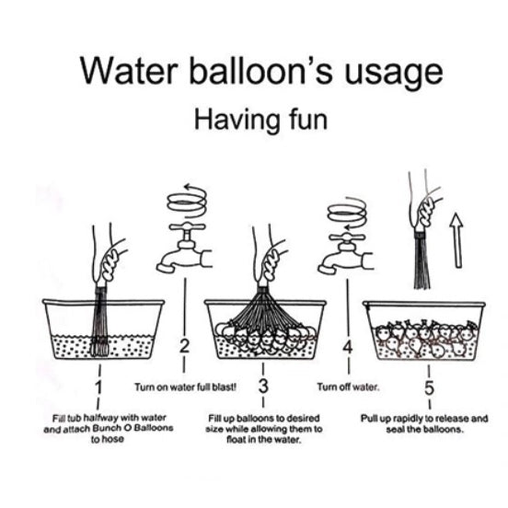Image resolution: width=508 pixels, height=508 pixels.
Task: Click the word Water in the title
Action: click(129, 71)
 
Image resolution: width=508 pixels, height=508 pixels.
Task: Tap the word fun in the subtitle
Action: click(307, 120)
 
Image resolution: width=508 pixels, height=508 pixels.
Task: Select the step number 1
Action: click(98, 387)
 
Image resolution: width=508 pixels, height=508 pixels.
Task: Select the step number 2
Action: click(184, 347)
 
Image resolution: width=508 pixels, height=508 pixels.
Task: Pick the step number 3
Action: click(263, 386)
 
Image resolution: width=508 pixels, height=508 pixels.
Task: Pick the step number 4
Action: click(348, 347)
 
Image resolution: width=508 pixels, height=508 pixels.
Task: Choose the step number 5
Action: click(429, 387)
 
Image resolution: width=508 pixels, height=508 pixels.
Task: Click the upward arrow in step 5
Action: click(456, 240)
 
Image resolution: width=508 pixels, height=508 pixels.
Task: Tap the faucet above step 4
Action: click(346, 254)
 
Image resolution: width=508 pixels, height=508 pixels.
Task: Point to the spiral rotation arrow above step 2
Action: click(187, 202)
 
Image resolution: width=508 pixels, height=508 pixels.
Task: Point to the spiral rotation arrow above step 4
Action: click(347, 214)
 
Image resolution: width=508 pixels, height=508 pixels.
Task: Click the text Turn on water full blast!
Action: click(186, 387)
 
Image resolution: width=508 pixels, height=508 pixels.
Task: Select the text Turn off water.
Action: click(348, 387)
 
